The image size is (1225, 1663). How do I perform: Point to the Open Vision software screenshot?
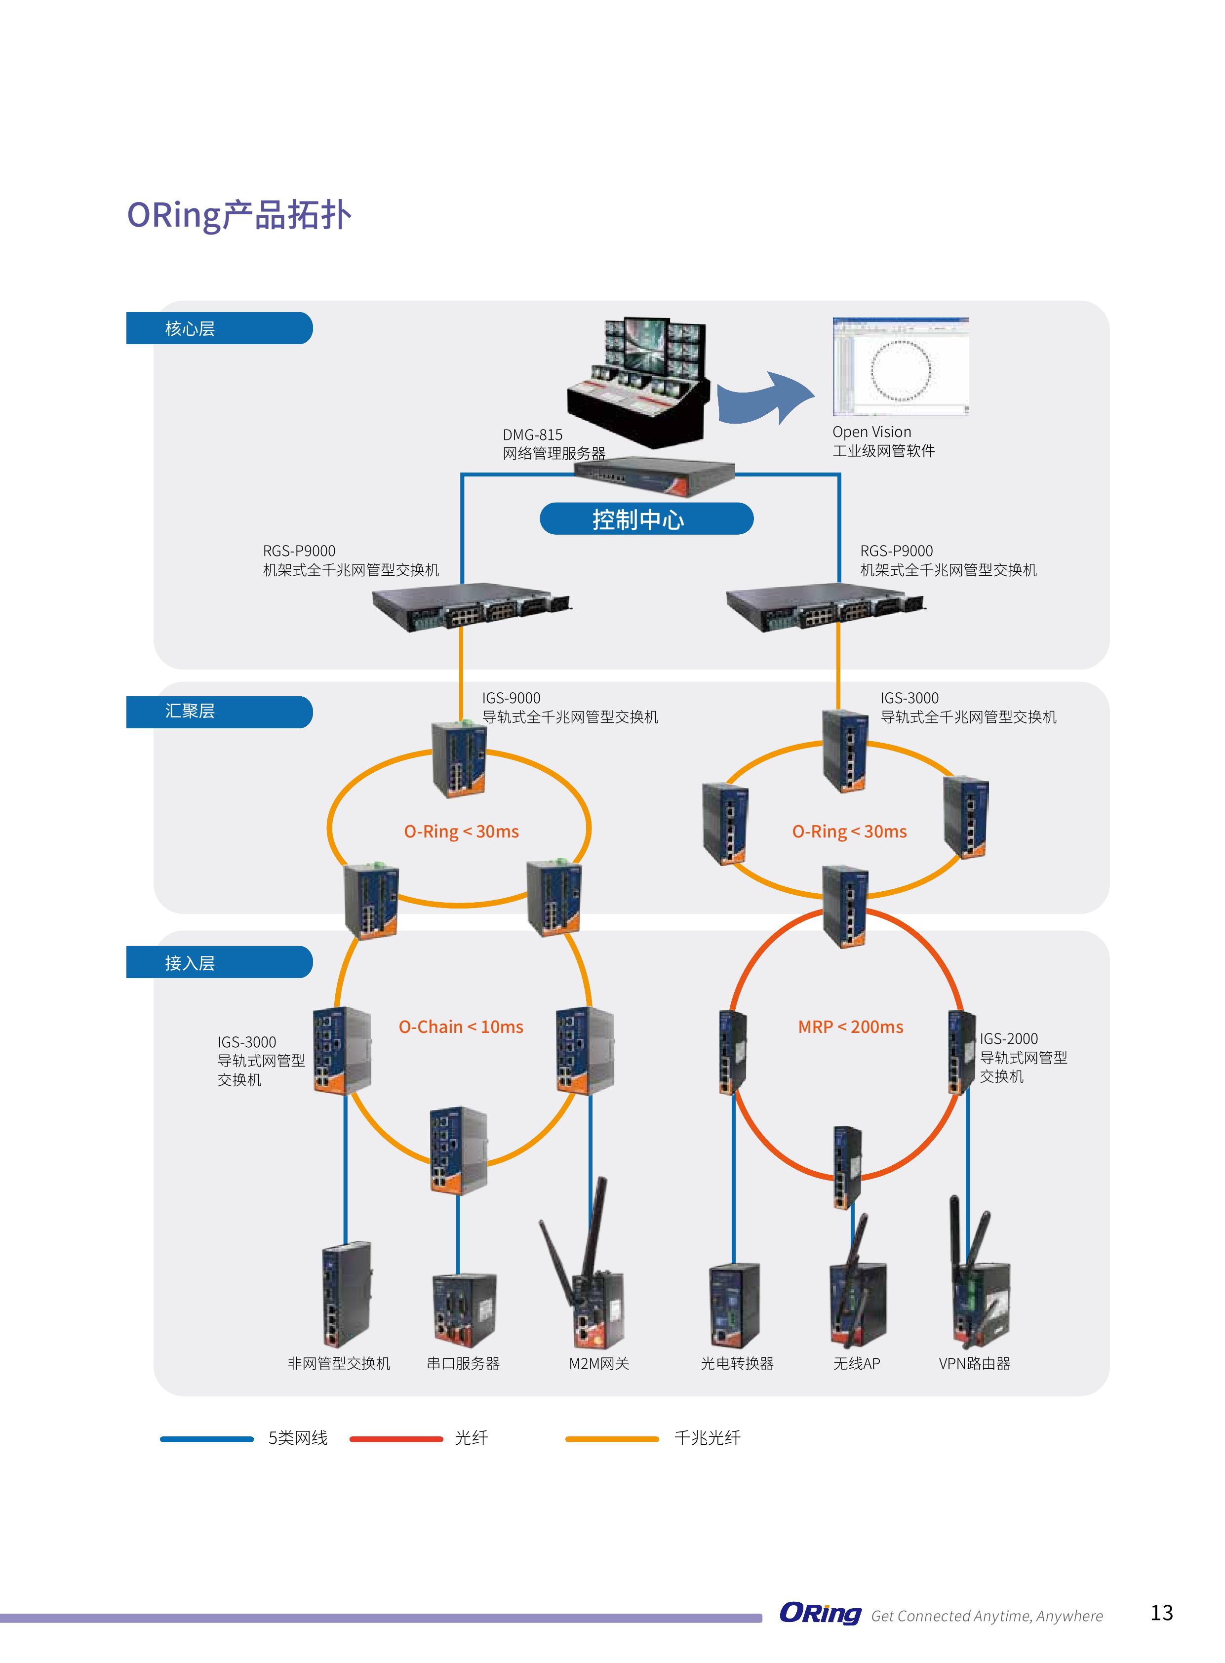(x=900, y=366)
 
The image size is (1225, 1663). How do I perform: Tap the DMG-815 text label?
(x=532, y=435)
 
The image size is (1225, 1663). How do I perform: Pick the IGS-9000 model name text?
(x=511, y=698)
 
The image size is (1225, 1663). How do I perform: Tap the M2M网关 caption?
(x=598, y=1363)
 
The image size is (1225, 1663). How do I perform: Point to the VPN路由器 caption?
(x=974, y=1363)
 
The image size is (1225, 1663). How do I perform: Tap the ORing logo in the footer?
(x=820, y=1613)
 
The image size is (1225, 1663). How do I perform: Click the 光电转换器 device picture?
(x=734, y=1305)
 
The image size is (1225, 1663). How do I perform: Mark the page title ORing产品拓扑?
(x=239, y=215)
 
